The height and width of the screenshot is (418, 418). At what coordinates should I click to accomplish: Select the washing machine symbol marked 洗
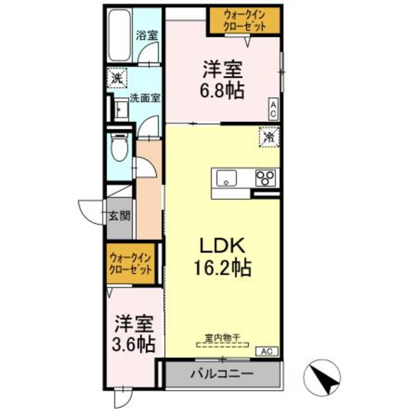pos(117,78)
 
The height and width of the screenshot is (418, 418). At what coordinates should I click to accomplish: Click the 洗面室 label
pos(145,98)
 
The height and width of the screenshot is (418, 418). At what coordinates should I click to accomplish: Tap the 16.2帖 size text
pos(223,268)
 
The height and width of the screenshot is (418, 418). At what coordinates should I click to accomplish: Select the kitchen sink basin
pos(225,177)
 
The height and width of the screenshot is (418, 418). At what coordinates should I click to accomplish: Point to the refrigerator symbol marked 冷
pos(269,137)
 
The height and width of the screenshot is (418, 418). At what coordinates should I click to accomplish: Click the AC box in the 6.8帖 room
pos(273,109)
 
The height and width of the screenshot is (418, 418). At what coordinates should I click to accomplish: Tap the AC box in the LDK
pos(267,352)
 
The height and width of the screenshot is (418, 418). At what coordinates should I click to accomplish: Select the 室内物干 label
pos(222,337)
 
